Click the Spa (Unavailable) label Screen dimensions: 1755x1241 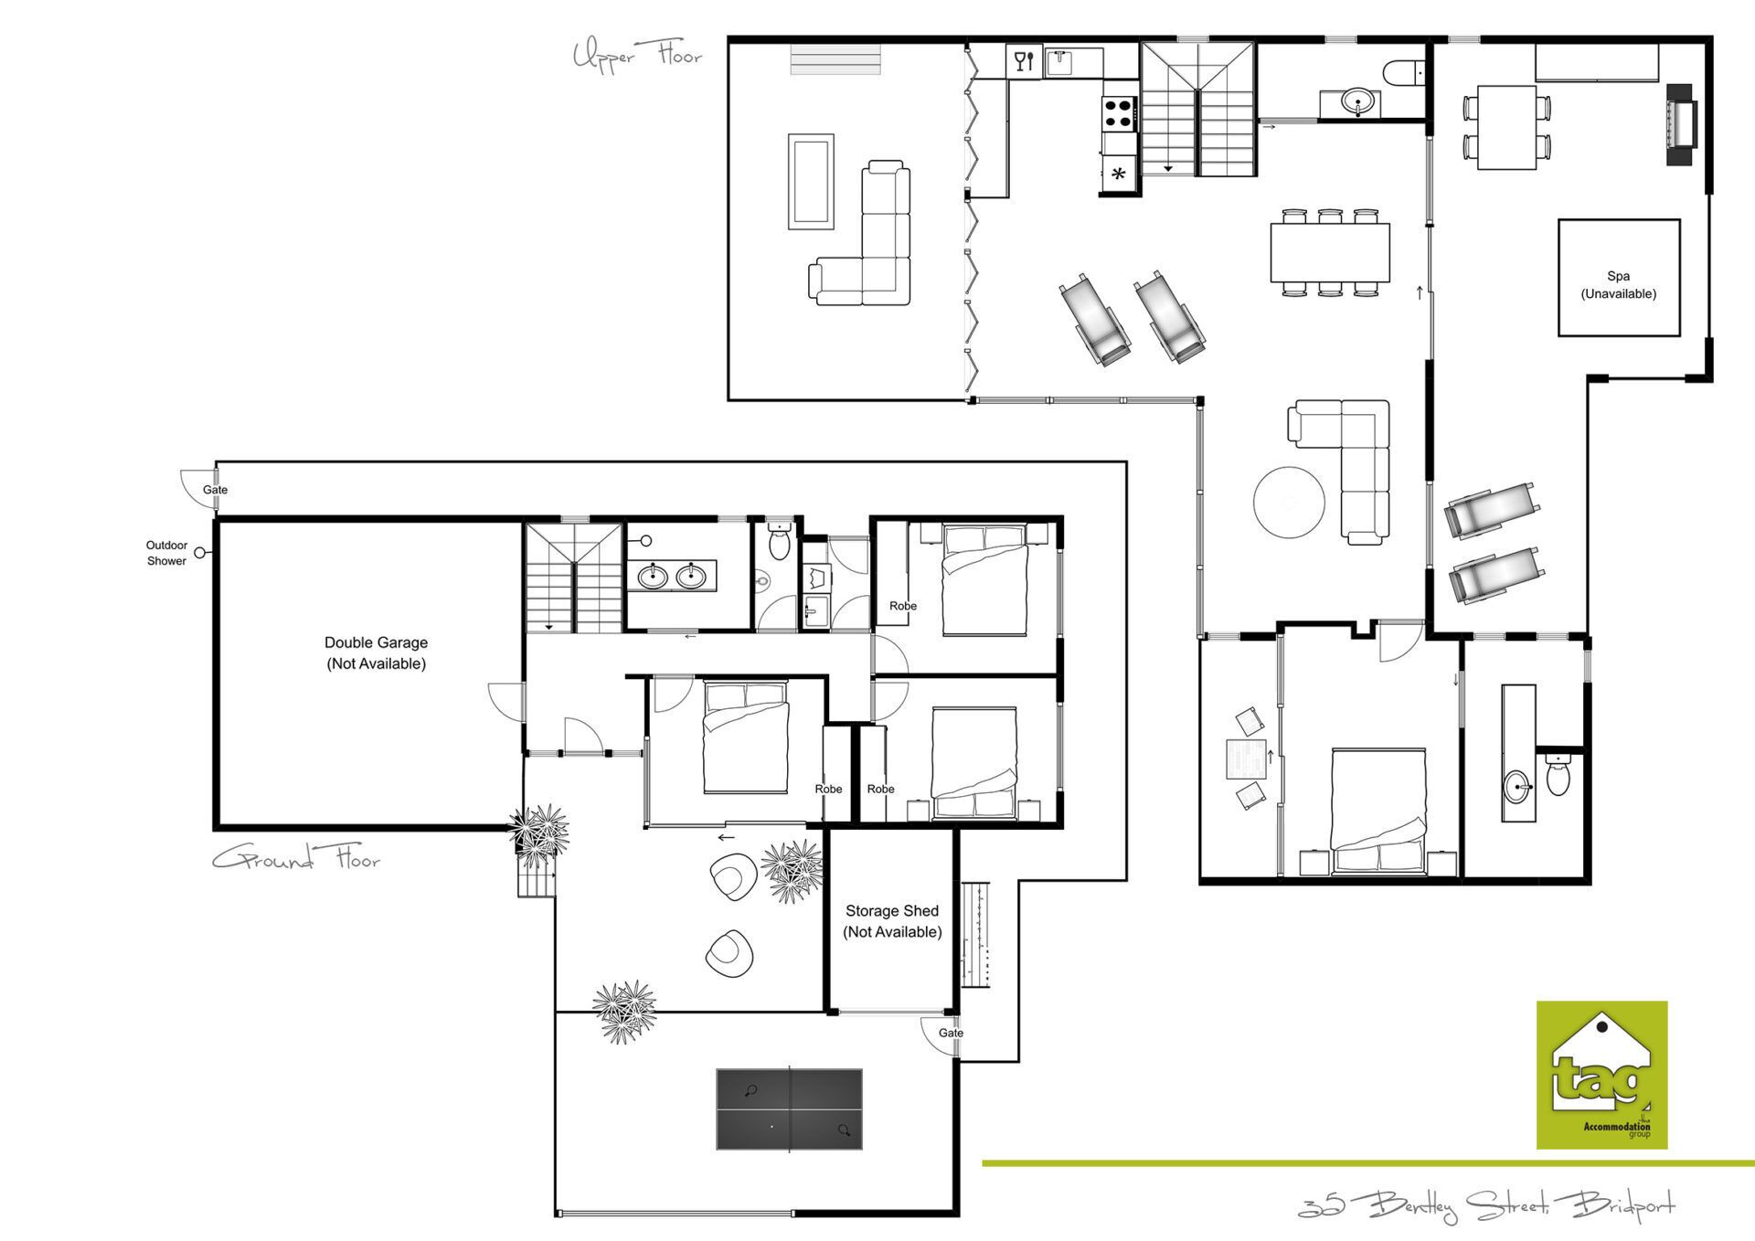point(1618,284)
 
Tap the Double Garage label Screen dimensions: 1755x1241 point(376,652)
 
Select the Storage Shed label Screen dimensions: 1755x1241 point(892,921)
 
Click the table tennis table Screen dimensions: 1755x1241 point(789,1108)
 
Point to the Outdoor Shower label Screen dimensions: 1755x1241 point(166,553)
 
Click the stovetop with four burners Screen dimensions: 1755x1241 point(1119,113)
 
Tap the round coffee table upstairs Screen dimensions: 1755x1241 point(1289,502)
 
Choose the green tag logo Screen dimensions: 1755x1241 point(1601,1075)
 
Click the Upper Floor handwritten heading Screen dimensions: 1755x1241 point(637,55)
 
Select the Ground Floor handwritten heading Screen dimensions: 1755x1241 point(296,858)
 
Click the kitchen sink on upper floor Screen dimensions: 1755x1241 point(1060,62)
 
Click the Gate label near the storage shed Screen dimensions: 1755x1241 point(951,1033)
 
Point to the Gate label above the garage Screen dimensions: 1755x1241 point(215,490)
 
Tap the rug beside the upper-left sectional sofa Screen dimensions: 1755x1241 point(811,181)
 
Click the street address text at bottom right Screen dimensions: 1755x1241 point(1486,1205)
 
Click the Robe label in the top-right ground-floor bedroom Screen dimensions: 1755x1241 point(903,606)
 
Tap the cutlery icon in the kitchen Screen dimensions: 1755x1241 point(1023,61)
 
